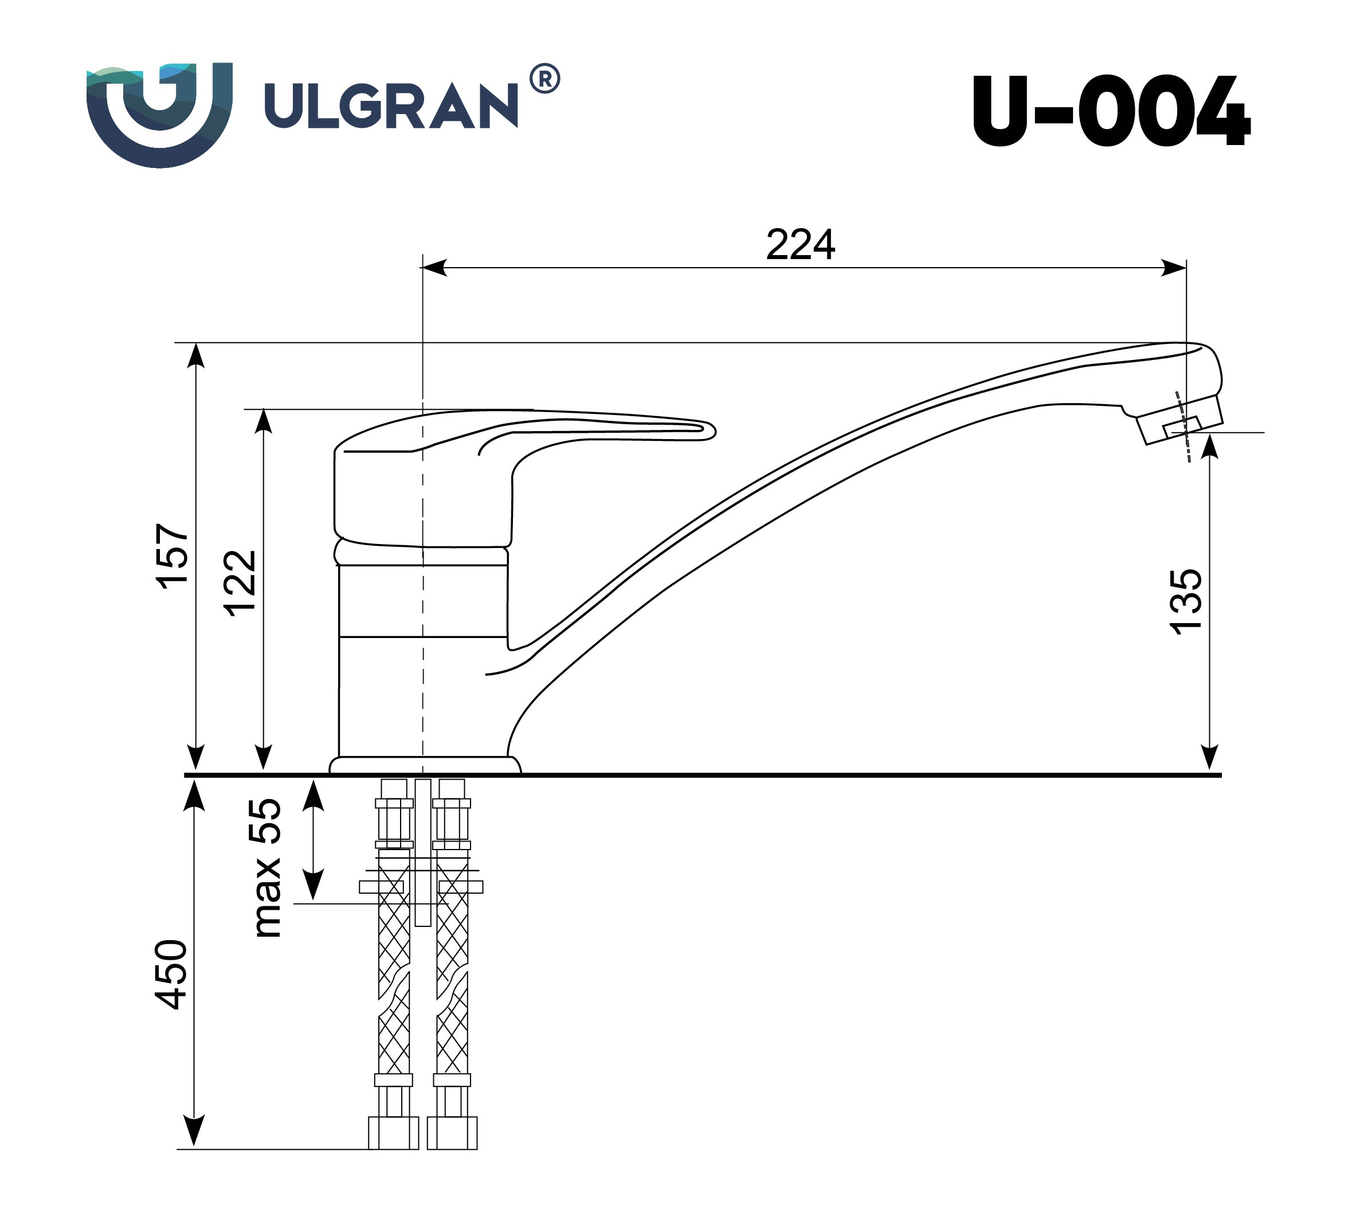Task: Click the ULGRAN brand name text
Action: (391, 105)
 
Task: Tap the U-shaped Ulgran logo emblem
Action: (159, 114)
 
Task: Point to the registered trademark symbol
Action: (545, 79)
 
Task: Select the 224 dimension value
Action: (800, 245)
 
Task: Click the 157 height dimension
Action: (172, 557)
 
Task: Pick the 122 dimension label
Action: (240, 582)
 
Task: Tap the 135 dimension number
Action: (1185, 601)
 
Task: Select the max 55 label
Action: (265, 868)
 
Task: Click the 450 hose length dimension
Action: (171, 975)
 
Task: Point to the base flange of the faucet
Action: (425, 765)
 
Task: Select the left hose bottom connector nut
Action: (393, 1133)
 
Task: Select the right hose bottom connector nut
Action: (452, 1133)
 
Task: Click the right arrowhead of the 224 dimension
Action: (1174, 268)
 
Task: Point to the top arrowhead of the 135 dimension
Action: (1209, 445)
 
